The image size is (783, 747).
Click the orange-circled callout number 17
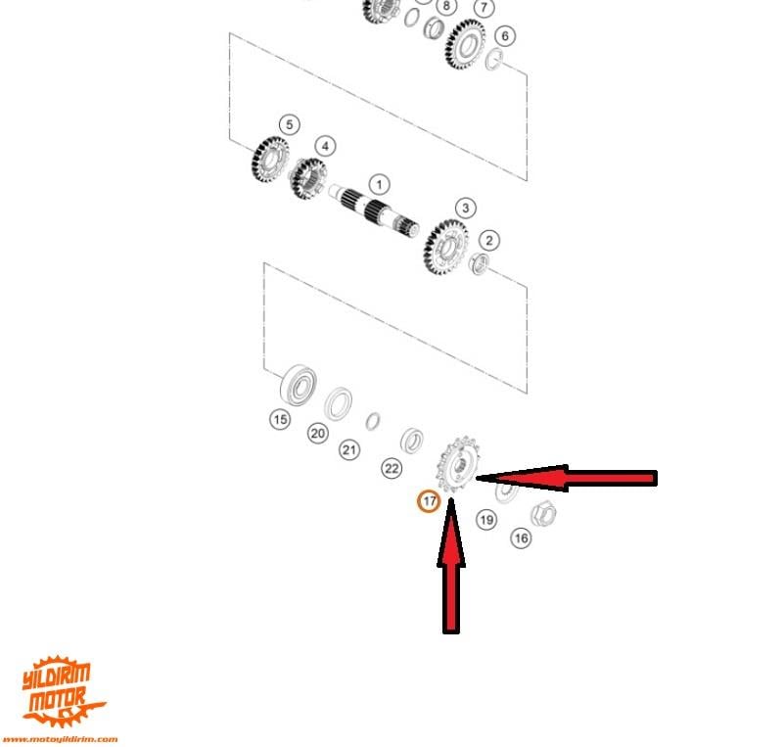tap(429, 500)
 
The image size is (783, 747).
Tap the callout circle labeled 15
tap(280, 419)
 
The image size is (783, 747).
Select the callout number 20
tap(318, 433)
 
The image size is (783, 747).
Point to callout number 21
tap(349, 450)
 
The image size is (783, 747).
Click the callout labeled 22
tap(391, 469)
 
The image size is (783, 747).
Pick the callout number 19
tap(486, 520)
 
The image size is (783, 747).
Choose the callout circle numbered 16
tap(521, 538)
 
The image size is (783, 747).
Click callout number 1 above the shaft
tap(380, 185)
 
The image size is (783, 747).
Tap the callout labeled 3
tap(466, 208)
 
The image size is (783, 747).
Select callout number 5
tap(290, 124)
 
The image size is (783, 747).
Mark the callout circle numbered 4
tap(326, 147)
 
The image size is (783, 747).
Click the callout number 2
tap(489, 241)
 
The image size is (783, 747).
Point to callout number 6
tap(505, 36)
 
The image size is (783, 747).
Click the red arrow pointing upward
tap(451, 566)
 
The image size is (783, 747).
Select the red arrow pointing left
tap(567, 478)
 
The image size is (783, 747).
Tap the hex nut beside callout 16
tap(543, 513)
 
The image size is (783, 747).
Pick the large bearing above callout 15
tap(299, 385)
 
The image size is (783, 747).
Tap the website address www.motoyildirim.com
tap(60, 739)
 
